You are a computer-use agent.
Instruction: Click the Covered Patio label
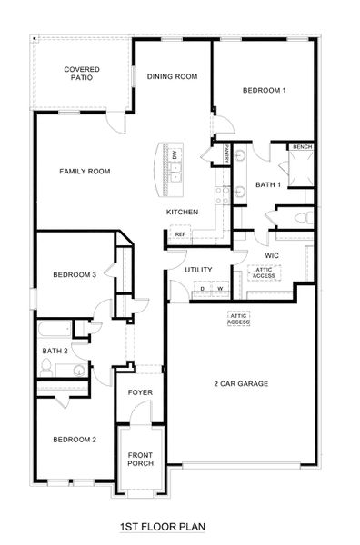coord(81,74)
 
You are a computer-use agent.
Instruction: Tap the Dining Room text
coord(172,77)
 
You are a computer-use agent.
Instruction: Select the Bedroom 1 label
coord(265,90)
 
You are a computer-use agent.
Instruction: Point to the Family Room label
coord(85,171)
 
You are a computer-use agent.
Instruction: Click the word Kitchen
coord(182,212)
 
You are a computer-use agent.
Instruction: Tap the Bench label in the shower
coord(303,146)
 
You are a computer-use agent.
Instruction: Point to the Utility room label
coord(198,270)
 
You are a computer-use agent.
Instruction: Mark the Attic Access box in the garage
coord(239,319)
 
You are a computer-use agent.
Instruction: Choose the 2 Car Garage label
coord(240,384)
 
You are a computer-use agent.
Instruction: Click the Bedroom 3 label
coord(74,274)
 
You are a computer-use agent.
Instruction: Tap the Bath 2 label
coord(55,350)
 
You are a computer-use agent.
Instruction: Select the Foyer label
coord(140,392)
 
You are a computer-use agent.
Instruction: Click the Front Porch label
coord(140,459)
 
